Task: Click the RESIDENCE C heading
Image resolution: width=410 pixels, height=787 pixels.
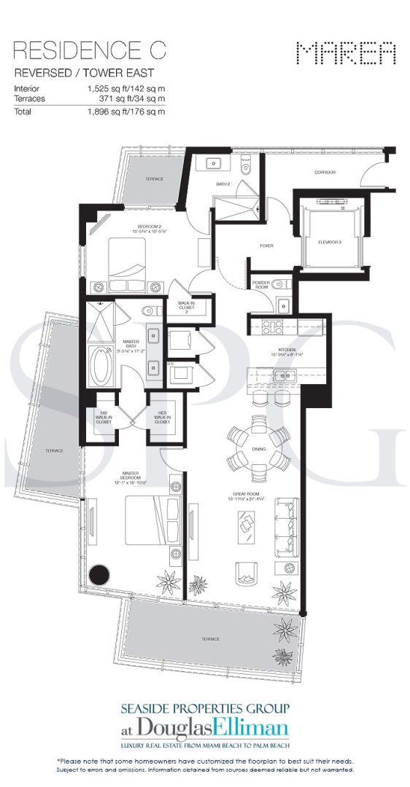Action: [x=89, y=50]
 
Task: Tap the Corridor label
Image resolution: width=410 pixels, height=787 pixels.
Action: [x=324, y=173]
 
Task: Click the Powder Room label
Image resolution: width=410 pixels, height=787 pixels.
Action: [x=261, y=284]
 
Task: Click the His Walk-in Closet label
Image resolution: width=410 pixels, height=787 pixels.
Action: [x=103, y=418]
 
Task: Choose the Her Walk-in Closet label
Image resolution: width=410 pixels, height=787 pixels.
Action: [x=161, y=418]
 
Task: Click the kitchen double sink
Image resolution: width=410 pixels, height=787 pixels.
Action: [x=283, y=377]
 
